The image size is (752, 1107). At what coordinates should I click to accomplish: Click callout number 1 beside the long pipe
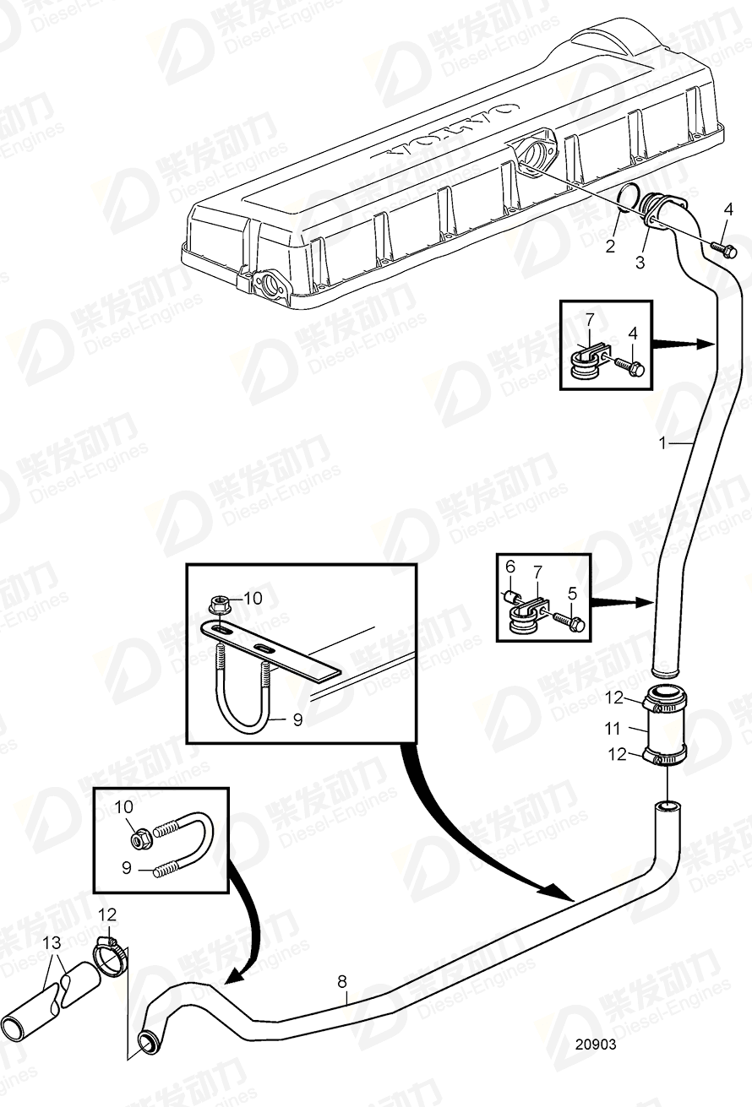click(x=664, y=442)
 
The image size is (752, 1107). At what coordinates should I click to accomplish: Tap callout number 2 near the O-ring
click(x=609, y=247)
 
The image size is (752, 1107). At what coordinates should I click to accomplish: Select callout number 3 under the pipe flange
click(x=640, y=263)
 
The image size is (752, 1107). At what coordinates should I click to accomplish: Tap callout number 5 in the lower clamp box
click(x=572, y=594)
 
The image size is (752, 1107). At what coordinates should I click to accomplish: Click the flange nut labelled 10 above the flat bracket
click(x=217, y=605)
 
